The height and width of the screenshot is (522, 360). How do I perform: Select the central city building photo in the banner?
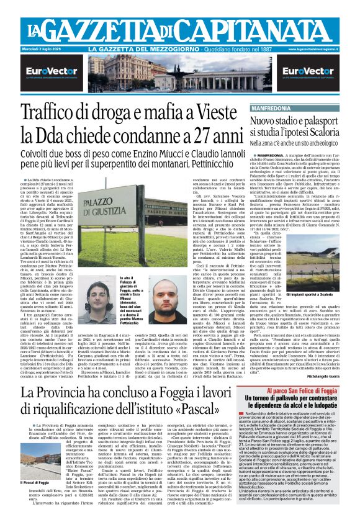point(180,74)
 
